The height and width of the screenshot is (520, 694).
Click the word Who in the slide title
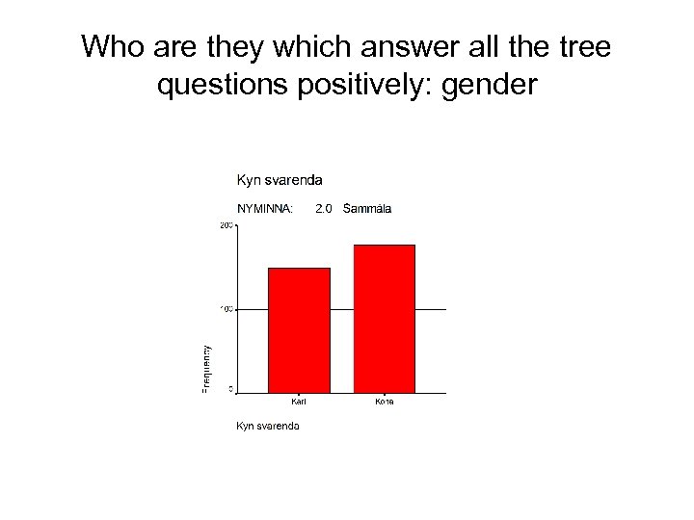(108, 47)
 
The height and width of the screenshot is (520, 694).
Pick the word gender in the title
(490, 87)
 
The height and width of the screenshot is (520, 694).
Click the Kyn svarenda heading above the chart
(280, 179)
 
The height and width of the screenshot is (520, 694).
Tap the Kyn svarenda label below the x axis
(268, 426)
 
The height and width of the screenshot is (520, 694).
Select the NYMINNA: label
(265, 208)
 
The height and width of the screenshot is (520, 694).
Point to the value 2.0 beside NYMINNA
(324, 208)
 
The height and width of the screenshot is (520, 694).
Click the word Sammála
(367, 208)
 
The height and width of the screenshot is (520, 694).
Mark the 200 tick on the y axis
(227, 225)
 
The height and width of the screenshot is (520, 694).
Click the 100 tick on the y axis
(227, 309)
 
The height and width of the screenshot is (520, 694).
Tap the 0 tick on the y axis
(230, 390)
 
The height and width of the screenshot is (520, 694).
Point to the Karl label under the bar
(300, 402)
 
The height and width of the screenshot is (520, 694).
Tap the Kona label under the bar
(385, 402)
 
